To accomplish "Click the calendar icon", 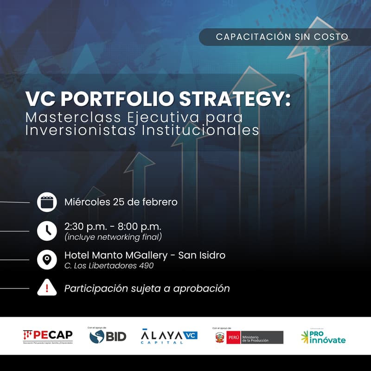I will [47, 202].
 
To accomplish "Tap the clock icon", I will [47, 230].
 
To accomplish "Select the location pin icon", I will [47, 260].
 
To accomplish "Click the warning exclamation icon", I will [47, 288].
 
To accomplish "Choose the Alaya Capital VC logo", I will [169, 336].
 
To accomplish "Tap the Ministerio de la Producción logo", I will [248, 337].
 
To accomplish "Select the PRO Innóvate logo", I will [323, 337].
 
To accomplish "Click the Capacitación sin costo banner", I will [281, 37].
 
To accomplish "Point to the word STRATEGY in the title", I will [244, 99].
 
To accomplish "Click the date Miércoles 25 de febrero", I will [121, 202].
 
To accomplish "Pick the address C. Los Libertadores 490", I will [109, 266].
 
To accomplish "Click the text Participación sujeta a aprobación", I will [147, 288].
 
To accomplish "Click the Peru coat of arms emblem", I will [219, 337].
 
